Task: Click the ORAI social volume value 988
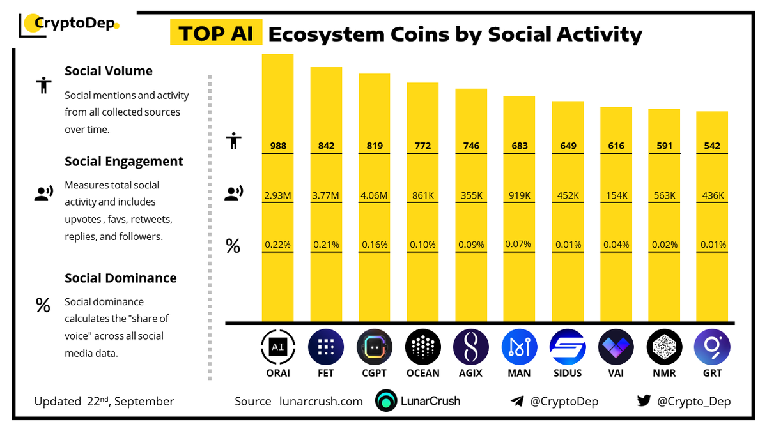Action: point(277,146)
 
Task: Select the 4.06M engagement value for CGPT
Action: point(374,195)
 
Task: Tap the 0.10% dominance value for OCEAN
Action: point(422,245)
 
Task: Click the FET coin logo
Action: point(326,347)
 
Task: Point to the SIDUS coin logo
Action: point(568,347)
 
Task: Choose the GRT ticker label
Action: point(713,373)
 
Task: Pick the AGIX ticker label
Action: point(471,373)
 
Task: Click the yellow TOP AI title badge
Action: point(215,33)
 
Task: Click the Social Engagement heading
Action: point(123,162)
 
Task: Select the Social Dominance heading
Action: point(120,278)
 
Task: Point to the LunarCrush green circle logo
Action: point(386,401)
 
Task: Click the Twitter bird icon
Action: point(644,401)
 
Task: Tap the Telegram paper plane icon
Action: point(517,401)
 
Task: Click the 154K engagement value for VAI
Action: point(616,195)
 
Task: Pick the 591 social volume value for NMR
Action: point(664,146)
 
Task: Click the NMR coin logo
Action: point(664,347)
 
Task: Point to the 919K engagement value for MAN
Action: point(519,195)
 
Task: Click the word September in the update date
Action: point(144,402)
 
